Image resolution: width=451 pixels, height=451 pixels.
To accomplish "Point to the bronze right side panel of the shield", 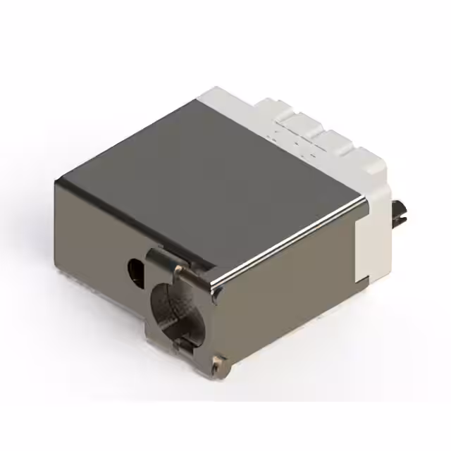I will (x=289, y=296).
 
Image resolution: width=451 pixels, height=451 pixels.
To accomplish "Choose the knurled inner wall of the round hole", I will (x=169, y=310).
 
